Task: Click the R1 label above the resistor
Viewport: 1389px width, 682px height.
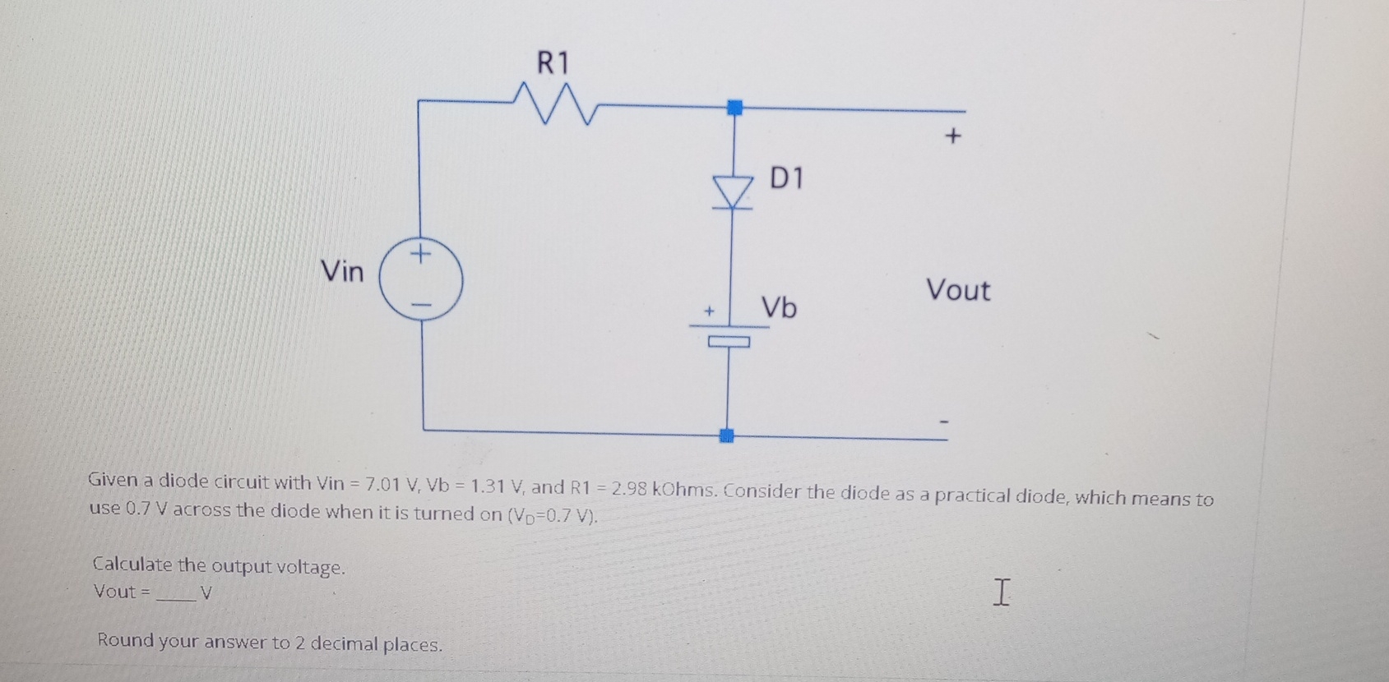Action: [553, 62]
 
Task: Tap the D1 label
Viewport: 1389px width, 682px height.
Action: [786, 177]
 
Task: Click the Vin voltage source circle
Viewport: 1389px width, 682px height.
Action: [421, 279]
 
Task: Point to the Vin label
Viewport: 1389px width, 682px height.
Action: [342, 271]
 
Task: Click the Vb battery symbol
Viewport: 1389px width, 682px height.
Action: [729, 334]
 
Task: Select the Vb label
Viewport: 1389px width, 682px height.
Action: [778, 307]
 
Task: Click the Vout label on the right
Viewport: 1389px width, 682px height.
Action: [958, 290]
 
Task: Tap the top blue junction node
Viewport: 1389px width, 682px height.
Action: [734, 107]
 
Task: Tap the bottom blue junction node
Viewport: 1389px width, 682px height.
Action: [726, 435]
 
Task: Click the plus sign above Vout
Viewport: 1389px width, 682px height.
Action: [952, 136]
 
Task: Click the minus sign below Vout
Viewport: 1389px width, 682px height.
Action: [944, 422]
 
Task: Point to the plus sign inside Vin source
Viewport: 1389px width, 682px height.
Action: [420, 253]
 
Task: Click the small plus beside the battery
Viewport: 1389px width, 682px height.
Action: [709, 311]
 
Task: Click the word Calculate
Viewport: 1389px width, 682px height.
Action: [132, 564]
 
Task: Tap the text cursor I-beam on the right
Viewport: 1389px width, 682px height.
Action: [1000, 592]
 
